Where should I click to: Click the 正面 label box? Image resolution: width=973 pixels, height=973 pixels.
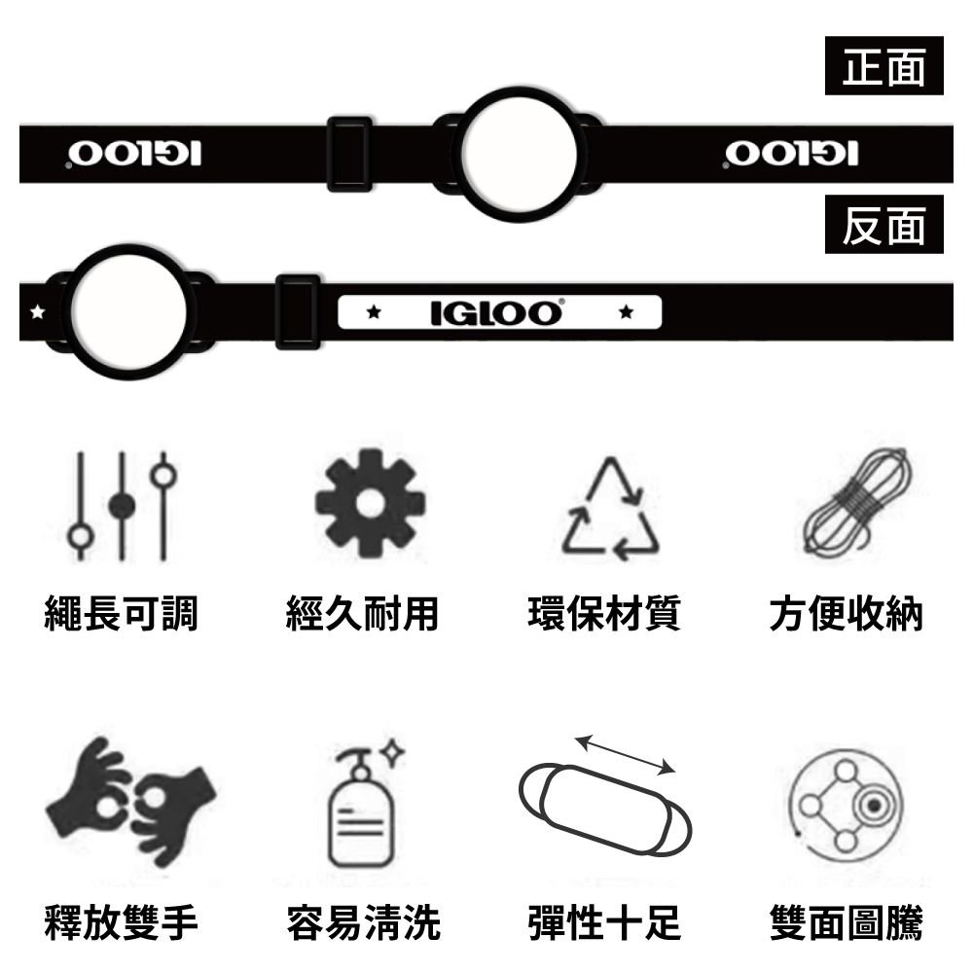point(883,66)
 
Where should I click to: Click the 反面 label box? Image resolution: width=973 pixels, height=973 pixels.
point(883,225)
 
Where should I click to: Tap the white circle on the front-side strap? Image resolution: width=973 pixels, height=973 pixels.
point(519,154)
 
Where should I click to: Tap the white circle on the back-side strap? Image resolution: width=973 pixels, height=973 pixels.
point(128,312)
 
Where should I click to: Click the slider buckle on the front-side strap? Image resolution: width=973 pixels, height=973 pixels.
point(349,154)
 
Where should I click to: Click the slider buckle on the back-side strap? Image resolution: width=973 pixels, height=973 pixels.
point(298,311)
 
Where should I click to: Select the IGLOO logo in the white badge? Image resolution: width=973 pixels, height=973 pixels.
point(497,312)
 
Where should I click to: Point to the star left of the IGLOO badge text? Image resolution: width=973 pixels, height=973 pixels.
point(374,311)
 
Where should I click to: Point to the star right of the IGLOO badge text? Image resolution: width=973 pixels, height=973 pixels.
point(626,311)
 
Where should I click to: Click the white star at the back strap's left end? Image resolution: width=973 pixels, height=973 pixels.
point(38,311)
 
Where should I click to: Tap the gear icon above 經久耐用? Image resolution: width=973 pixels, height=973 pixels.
point(371,503)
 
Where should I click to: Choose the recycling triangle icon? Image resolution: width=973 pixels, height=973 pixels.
point(610,509)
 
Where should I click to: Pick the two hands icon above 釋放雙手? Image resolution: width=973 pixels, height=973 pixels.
point(130,799)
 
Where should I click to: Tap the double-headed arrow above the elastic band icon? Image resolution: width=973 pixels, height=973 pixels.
point(626,755)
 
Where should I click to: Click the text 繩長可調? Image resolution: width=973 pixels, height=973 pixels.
point(121,614)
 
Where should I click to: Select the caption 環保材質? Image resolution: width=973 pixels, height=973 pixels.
point(604,614)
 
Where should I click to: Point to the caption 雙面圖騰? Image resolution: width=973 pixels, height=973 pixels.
point(847,922)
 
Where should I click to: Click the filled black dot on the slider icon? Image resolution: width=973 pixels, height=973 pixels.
point(122,506)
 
